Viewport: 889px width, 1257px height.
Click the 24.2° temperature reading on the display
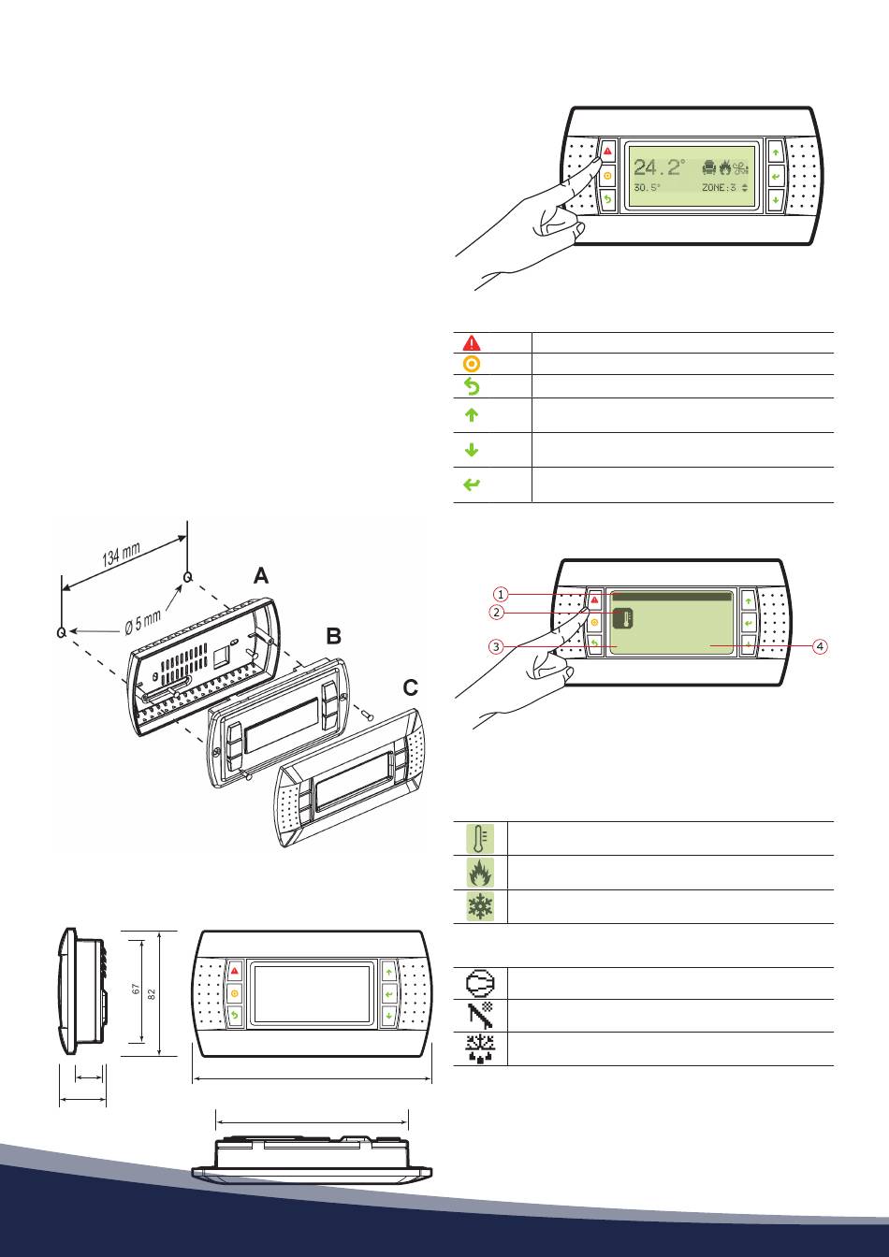[x=660, y=166]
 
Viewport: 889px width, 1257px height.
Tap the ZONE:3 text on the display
[x=719, y=187]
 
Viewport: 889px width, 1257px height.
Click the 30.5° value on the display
[x=647, y=187]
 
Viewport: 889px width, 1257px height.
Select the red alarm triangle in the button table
[x=472, y=342]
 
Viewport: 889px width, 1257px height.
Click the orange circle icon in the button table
[x=472, y=364]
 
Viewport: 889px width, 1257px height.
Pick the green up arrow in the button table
[x=472, y=414]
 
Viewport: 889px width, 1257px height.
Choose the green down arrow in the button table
[x=472, y=450]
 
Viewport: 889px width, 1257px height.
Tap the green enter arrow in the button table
[x=472, y=484]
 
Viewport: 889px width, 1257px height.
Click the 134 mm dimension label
[x=122, y=555]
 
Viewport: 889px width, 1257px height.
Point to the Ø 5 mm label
[x=143, y=622]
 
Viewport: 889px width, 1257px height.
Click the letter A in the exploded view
[x=261, y=576]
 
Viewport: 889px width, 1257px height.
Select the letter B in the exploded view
[x=333, y=636]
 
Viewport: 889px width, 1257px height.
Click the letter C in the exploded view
[x=411, y=687]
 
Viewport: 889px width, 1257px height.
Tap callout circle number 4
[x=821, y=646]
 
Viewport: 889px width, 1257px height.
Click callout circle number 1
[x=502, y=594]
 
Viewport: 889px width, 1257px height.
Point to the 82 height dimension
[x=151, y=993]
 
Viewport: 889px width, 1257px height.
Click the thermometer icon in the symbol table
[x=480, y=838]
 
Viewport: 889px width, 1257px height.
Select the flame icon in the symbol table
[x=480, y=873]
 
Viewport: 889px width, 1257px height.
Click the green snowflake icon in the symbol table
[x=480, y=906]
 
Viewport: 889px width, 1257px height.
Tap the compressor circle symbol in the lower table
[x=480, y=983]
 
